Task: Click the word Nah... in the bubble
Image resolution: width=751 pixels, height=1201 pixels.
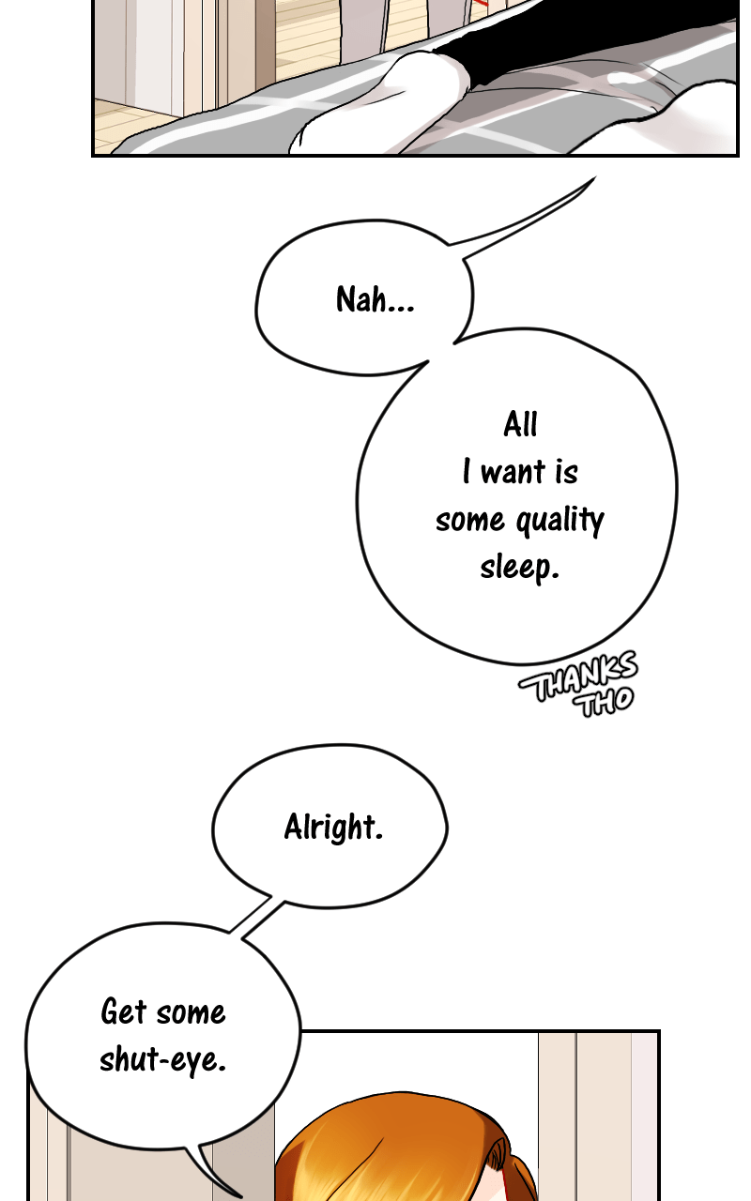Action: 375,300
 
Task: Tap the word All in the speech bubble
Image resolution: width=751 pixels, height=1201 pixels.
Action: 520,424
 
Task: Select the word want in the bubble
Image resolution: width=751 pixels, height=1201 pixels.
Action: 513,472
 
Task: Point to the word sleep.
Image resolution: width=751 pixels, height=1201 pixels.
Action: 519,567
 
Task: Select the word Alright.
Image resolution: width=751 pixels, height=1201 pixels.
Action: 333,827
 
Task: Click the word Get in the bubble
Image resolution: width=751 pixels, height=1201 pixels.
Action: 124,1011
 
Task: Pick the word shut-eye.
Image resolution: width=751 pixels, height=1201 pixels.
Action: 163,1059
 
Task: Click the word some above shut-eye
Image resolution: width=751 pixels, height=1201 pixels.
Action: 192,1011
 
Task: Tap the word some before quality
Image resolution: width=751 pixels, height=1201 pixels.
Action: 469,520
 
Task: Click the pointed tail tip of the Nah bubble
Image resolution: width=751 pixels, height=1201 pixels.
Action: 593,179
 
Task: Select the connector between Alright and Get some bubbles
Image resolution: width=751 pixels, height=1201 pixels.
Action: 255,918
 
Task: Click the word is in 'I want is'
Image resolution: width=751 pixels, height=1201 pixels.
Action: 566,472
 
